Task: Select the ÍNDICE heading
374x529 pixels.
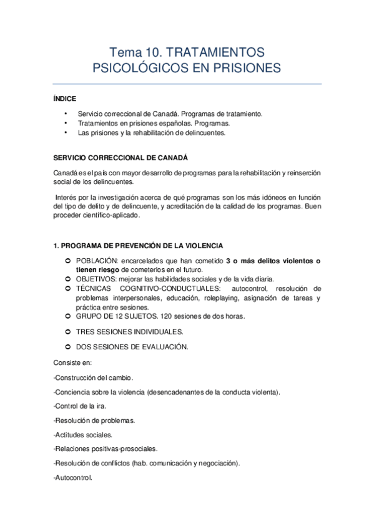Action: (x=65, y=99)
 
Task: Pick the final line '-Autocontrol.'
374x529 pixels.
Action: (x=73, y=478)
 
